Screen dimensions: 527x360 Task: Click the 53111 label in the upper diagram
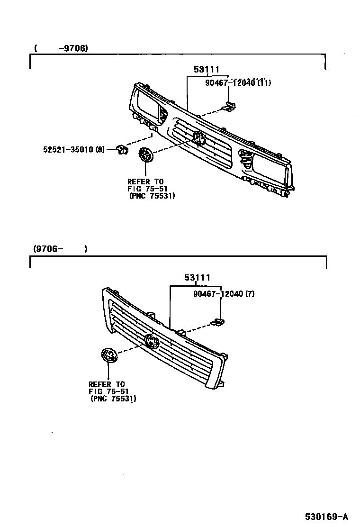pos(207,70)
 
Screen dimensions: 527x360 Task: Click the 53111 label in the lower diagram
pos(197,278)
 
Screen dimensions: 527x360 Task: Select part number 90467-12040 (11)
pos(238,83)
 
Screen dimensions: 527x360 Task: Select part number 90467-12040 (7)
pos(224,294)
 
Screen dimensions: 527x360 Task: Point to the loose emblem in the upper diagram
pos(146,155)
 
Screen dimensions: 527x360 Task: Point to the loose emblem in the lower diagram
pos(108,356)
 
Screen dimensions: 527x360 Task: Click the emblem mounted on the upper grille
pos(199,138)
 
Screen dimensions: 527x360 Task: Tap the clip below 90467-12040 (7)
pos(218,322)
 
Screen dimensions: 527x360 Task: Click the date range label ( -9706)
pos(62,48)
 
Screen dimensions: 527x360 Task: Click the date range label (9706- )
pos(60,248)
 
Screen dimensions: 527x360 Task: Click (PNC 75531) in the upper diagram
pos(152,196)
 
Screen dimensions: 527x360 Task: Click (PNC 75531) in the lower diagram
pos(113,399)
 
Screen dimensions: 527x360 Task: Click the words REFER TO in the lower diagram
pos(107,384)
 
